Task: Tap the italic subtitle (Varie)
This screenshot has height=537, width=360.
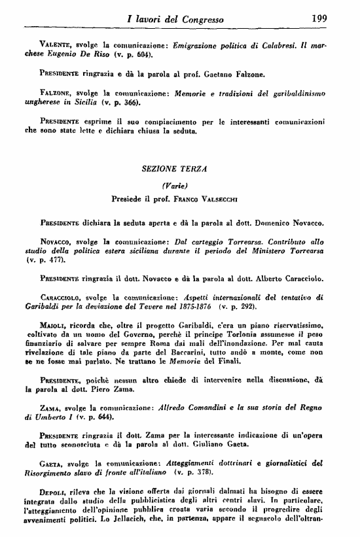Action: point(177,185)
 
